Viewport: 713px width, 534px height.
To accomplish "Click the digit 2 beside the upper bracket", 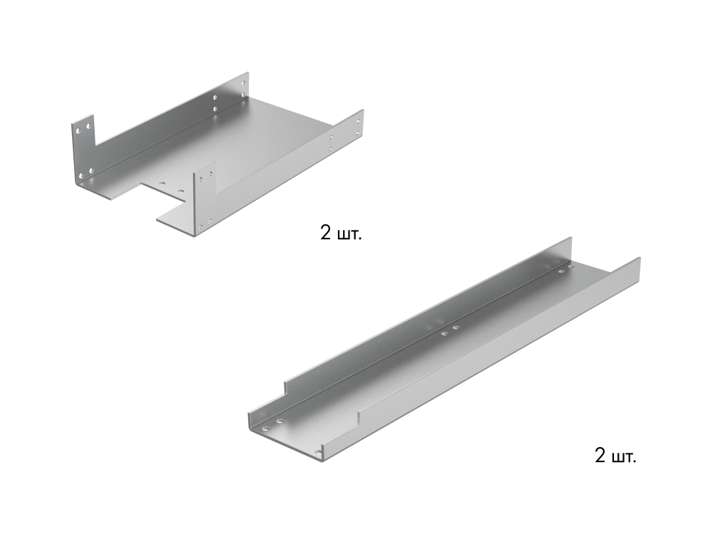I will [x=326, y=234].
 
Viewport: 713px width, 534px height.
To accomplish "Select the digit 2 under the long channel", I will [x=600, y=456].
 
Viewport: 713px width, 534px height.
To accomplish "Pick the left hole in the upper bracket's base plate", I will [x=163, y=182].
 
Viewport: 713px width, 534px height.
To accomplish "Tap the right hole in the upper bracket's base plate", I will [x=180, y=192].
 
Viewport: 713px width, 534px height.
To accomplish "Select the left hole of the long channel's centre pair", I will [x=443, y=332].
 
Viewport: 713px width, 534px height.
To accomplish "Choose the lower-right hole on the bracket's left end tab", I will [x=91, y=170].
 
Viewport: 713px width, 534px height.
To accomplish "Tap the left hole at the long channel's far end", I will [x=561, y=272].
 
